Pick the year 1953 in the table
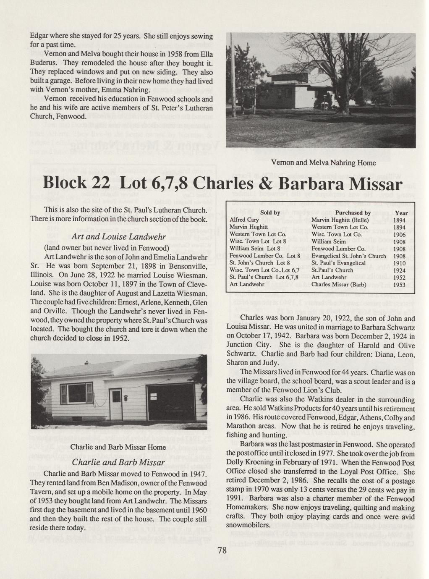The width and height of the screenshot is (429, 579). (401, 284)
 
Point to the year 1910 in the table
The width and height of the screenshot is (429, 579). (401, 263)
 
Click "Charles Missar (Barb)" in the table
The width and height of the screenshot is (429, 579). (339, 284)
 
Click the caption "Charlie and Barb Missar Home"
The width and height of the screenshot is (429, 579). (112, 447)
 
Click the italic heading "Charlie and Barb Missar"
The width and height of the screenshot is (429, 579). (118, 462)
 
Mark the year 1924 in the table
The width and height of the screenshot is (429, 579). (401, 270)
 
